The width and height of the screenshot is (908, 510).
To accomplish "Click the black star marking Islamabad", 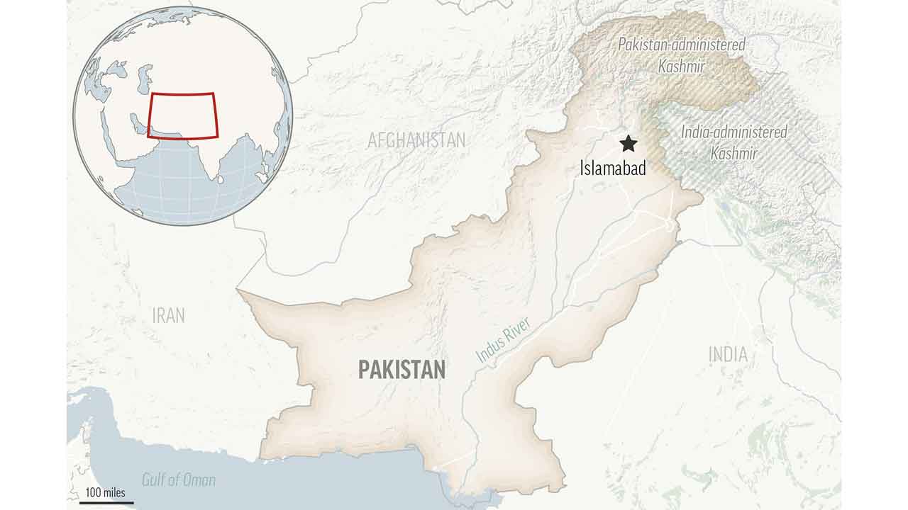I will [x=628, y=144].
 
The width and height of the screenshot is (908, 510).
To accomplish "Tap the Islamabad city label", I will [x=613, y=169].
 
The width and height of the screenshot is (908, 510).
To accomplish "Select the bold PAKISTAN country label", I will [x=402, y=369].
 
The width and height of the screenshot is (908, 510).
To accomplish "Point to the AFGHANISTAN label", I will [x=416, y=140].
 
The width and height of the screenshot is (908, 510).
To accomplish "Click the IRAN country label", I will [x=168, y=315].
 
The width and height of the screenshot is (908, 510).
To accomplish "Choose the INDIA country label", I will [x=728, y=354].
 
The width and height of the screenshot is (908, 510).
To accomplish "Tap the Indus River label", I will [x=503, y=341].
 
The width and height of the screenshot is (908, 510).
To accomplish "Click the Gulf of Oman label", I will [x=179, y=480].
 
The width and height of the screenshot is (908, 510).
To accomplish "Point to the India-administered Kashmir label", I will [x=734, y=142].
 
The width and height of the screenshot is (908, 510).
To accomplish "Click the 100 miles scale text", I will [x=105, y=492].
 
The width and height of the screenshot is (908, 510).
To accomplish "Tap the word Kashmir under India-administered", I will [x=734, y=153].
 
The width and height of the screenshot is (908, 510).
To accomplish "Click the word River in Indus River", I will [x=516, y=330].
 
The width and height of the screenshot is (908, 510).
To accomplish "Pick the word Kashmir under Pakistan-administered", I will [x=681, y=67].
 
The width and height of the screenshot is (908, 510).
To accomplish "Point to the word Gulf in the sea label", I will [x=155, y=480].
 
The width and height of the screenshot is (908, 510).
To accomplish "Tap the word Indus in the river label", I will [x=489, y=351].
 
